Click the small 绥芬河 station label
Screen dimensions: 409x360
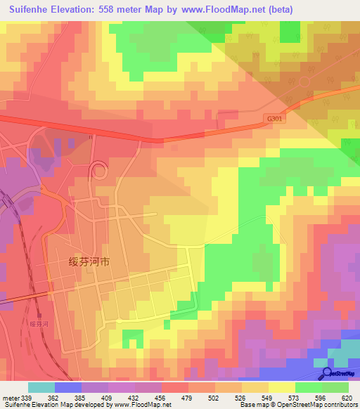point(39,324)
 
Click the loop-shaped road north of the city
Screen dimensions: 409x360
point(97,170)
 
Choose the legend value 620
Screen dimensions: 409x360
point(345,398)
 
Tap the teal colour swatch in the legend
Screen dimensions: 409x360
point(41,387)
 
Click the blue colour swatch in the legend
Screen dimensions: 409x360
point(68,387)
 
